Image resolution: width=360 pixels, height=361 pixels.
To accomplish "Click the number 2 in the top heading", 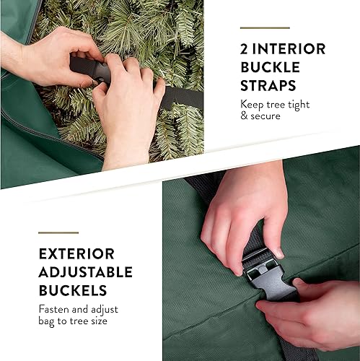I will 245,50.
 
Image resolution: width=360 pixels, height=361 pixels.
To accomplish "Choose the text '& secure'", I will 260,116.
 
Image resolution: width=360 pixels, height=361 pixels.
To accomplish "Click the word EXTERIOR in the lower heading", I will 76,253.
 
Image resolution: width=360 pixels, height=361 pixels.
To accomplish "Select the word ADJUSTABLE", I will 86,272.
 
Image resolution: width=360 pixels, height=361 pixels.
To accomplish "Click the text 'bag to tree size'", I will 74,320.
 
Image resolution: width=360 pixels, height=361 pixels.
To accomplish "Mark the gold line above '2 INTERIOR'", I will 265,27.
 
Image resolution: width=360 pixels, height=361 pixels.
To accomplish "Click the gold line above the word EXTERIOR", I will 58,232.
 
